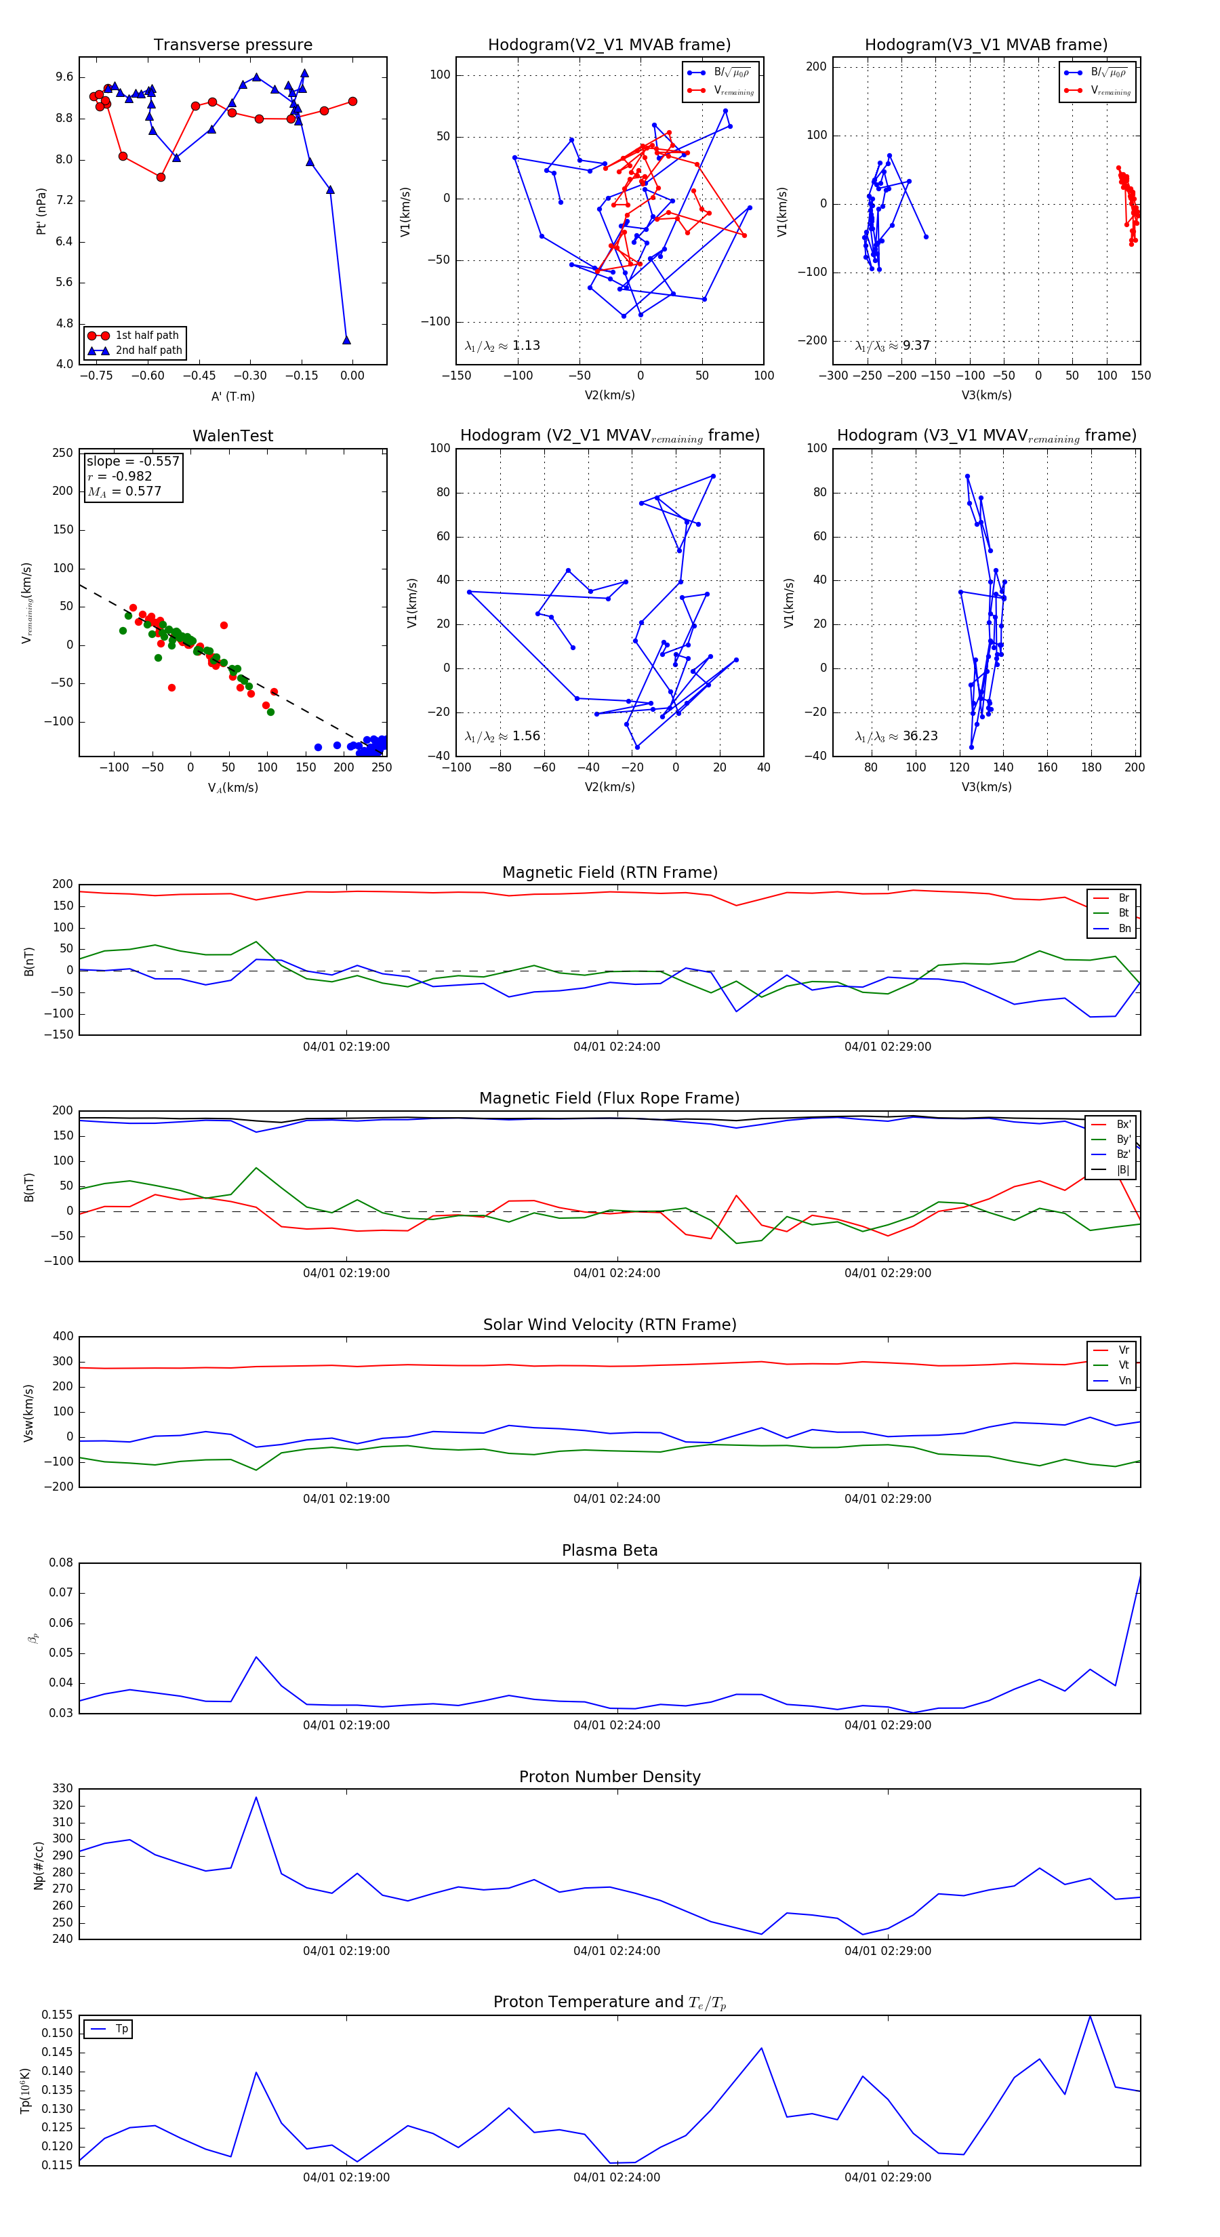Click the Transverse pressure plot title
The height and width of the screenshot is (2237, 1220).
click(232, 45)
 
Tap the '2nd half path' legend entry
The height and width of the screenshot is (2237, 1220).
click(148, 351)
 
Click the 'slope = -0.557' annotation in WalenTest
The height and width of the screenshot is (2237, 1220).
click(132, 461)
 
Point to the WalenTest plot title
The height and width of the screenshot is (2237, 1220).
click(232, 436)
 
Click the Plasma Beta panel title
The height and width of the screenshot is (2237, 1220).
click(609, 1550)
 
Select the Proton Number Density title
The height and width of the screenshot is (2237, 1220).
click(609, 1777)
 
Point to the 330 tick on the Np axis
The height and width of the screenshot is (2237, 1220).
click(62, 1789)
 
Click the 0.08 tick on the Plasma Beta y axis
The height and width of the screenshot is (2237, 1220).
click(61, 1563)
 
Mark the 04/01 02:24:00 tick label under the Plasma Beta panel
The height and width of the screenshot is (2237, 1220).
click(617, 1725)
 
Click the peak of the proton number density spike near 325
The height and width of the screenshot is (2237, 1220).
click(256, 1798)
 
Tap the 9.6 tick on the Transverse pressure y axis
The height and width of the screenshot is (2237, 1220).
click(64, 77)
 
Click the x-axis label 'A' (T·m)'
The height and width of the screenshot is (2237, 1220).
click(232, 397)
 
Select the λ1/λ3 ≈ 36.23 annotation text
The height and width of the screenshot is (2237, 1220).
click(896, 736)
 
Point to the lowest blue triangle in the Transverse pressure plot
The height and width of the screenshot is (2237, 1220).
click(346, 340)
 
